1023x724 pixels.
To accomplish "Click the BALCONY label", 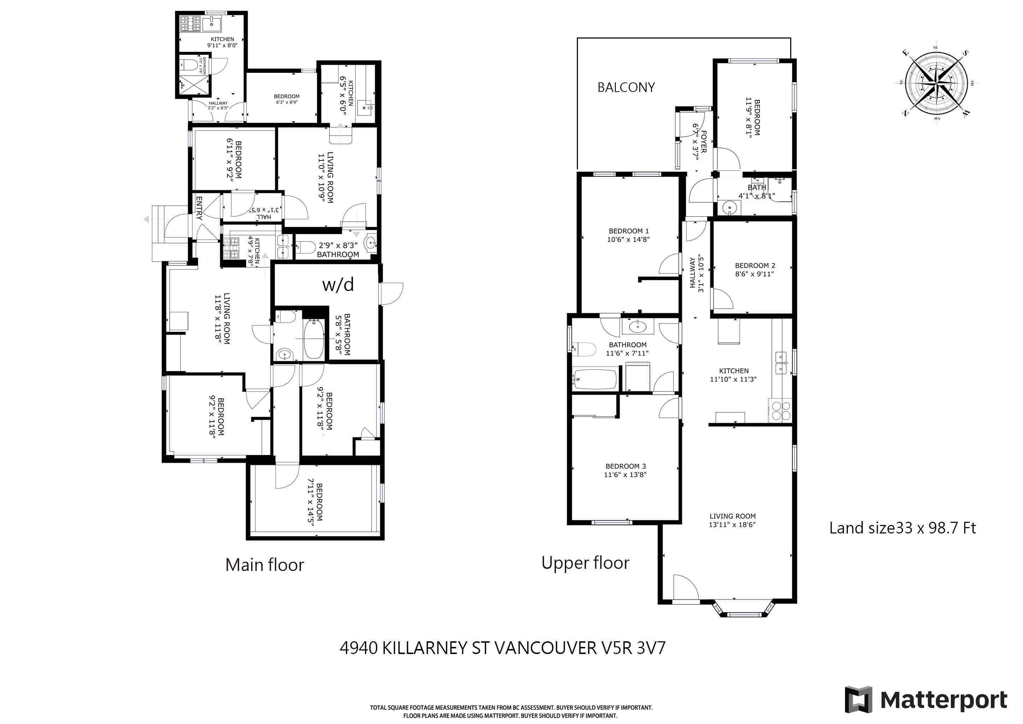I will tap(626, 87).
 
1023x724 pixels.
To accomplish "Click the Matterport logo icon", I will tap(858, 700).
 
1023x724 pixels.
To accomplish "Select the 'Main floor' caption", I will tap(265, 565).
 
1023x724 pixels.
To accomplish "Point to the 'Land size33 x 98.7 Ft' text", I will tap(902, 528).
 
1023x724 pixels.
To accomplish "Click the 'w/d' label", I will tap(338, 285).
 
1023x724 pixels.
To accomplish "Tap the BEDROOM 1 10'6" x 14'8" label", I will tap(628, 235).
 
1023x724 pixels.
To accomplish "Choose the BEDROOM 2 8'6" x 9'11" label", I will tap(755, 269).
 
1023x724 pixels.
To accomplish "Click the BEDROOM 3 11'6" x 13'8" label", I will tap(625, 470).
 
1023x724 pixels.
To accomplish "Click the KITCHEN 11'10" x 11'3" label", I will tap(733, 375).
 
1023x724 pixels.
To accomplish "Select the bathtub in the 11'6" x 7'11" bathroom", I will tap(595, 379).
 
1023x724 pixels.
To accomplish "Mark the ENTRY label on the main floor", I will tap(199, 208).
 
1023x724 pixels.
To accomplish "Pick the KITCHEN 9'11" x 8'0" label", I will tap(222, 42).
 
